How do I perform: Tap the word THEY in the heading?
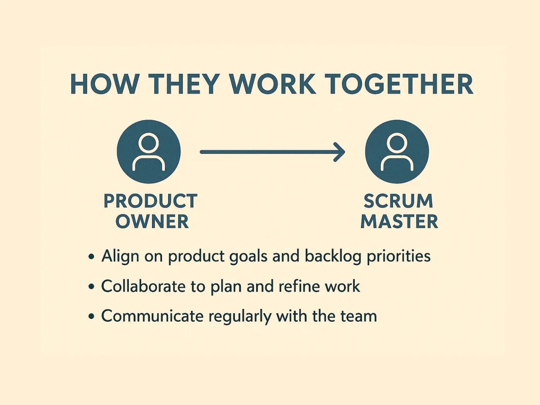(x=184, y=84)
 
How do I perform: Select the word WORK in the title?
(x=272, y=84)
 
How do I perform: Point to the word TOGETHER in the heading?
(x=398, y=84)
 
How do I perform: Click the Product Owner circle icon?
(x=148, y=152)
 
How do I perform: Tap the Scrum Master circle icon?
(x=397, y=152)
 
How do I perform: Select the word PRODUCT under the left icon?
(x=150, y=201)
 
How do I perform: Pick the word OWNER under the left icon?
(x=152, y=222)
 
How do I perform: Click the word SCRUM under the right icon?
(x=398, y=201)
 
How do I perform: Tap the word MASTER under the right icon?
(x=399, y=222)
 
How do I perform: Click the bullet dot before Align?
(x=91, y=256)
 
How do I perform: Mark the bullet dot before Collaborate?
(x=91, y=287)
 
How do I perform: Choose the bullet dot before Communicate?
(x=91, y=317)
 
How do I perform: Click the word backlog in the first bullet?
(x=333, y=256)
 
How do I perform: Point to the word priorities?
(x=398, y=256)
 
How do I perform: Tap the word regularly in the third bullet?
(x=240, y=317)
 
